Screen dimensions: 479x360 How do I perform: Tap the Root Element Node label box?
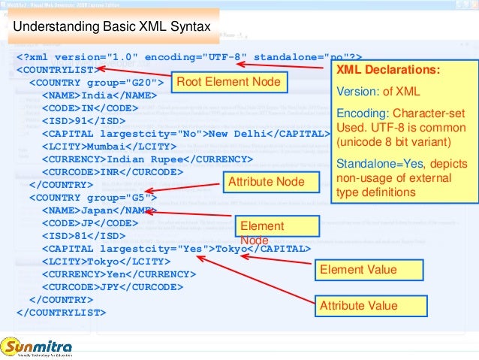pos(227,81)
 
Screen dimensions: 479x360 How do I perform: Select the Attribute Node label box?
pos(266,182)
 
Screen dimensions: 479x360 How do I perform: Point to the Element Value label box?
pos(358,270)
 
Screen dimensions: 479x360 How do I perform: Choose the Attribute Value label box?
pos(359,306)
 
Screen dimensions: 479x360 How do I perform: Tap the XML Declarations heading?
pos(387,71)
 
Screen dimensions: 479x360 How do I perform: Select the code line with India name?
pos(99,95)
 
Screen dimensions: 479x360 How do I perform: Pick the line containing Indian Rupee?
pos(147,159)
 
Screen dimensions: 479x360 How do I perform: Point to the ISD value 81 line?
pos(85,236)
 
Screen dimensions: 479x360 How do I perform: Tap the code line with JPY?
pos(111,287)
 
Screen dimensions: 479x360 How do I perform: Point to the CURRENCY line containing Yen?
pos(118,274)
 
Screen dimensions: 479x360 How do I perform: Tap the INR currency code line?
pos(111,172)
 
